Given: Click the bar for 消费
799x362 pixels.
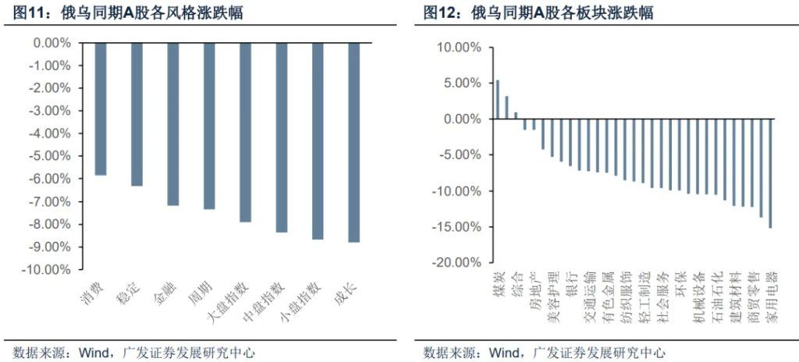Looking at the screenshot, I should point(101,108).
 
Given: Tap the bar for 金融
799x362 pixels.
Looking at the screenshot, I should point(173,124).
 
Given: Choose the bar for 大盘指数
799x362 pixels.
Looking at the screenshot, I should point(245,133).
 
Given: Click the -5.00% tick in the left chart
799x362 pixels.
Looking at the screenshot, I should point(51,156).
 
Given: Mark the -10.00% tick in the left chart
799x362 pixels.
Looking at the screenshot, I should point(49,269).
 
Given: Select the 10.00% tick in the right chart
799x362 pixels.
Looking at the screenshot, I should point(458,48).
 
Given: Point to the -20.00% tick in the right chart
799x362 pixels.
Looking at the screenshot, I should point(456,263).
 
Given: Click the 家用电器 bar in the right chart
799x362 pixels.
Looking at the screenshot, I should point(770,173).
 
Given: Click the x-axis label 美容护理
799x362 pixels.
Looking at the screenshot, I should point(552,297).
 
